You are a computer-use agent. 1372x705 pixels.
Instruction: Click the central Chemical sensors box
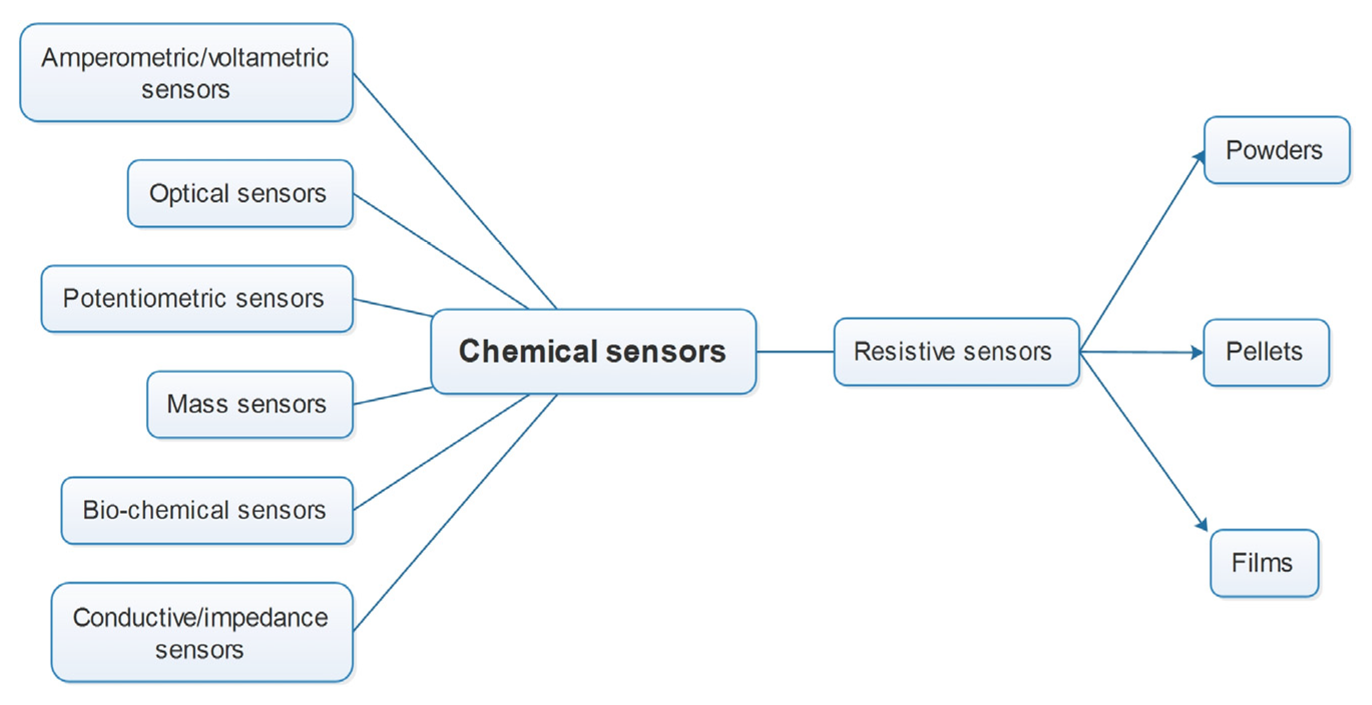coord(593,352)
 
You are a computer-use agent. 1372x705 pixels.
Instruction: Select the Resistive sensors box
coord(956,352)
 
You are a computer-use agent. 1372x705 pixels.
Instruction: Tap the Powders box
coord(1276,150)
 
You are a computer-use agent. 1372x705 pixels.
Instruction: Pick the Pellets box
coord(1265,352)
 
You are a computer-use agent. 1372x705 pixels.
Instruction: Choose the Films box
coord(1263,563)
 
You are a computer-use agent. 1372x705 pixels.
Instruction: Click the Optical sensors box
coord(239,193)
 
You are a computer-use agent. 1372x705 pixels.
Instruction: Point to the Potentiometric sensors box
coord(196,299)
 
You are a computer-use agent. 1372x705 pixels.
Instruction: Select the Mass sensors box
coord(249,404)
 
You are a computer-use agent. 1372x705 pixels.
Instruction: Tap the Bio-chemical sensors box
coord(207,510)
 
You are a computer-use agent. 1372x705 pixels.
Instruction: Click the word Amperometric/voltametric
coord(185,58)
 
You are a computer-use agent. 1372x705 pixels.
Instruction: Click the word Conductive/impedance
coord(200,618)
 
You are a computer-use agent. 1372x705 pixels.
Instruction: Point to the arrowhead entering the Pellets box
coord(1196,352)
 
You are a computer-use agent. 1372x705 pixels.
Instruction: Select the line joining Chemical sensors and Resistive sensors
coord(794,352)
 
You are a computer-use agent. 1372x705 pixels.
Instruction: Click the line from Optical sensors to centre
coord(440,251)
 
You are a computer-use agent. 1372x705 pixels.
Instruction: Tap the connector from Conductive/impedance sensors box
coord(455,513)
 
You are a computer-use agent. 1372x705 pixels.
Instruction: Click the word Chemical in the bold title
coord(527,352)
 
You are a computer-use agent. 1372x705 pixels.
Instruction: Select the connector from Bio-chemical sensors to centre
coord(440,452)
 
